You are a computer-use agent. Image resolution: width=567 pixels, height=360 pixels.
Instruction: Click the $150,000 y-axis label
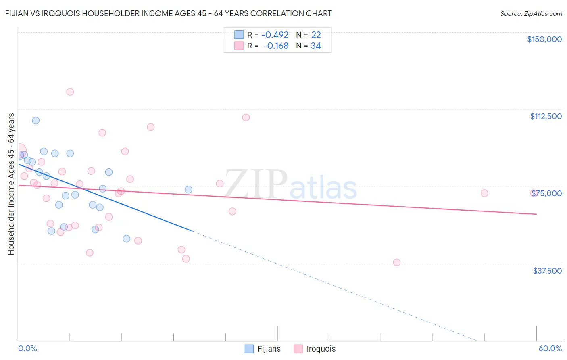pyautogui.click(x=544, y=39)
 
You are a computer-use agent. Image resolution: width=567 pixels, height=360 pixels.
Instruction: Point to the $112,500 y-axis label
pyautogui.click(x=546, y=116)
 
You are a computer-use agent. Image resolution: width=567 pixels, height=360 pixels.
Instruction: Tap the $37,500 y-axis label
pyautogui.click(x=547, y=271)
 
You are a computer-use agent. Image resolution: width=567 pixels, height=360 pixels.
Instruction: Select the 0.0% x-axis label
pyautogui.click(x=27, y=348)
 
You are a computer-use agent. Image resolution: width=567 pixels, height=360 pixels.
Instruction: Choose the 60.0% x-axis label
pyautogui.click(x=550, y=348)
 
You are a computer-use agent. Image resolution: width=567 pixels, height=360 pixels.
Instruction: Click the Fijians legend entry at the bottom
pyautogui.click(x=263, y=349)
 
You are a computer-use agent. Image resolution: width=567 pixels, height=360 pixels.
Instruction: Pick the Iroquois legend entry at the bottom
pyautogui.click(x=315, y=349)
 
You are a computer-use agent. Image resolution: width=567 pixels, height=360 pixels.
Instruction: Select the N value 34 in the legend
pyautogui.click(x=316, y=46)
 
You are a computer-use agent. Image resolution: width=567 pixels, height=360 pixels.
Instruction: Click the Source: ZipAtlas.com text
pyautogui.click(x=531, y=14)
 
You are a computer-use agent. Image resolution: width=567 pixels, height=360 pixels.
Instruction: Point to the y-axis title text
pyautogui.click(x=11, y=184)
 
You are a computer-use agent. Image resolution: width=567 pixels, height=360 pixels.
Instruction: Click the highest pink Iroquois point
pyautogui.click(x=70, y=92)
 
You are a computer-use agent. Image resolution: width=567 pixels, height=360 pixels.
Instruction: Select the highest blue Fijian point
pyautogui.click(x=36, y=120)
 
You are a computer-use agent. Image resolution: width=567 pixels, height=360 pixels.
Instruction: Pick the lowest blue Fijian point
pyautogui.click(x=127, y=239)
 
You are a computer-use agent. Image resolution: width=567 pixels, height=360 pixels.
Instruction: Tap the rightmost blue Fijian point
pyautogui.click(x=188, y=190)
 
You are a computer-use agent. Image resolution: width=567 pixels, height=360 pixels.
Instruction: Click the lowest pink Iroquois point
pyautogui.click(x=396, y=262)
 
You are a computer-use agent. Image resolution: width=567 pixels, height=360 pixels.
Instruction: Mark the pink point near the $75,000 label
pyautogui.click(x=533, y=193)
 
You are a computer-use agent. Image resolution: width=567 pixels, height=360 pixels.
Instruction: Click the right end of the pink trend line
pyautogui.click(x=536, y=214)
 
